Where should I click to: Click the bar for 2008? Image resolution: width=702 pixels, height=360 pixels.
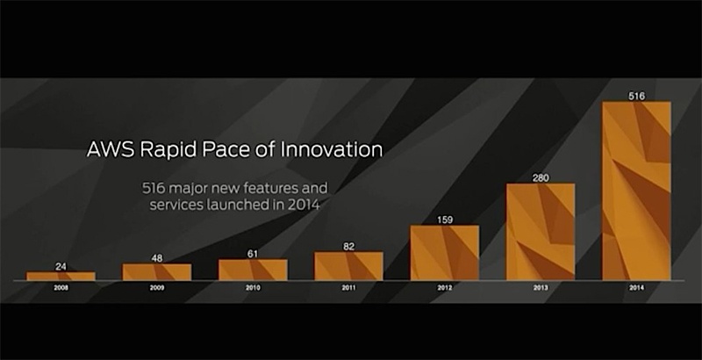point(61,277)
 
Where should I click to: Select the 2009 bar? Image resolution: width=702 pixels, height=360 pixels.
point(157,272)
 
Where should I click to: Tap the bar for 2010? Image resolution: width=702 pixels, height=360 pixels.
point(253,270)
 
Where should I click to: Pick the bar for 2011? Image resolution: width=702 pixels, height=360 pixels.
point(348,266)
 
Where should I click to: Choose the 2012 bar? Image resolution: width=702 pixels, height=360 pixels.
point(445,253)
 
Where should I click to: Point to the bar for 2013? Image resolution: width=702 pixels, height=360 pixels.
point(541,232)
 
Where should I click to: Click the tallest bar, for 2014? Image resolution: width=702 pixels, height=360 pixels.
point(636,191)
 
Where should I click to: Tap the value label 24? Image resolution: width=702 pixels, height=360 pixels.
point(61,266)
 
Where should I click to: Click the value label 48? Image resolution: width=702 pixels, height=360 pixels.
point(157,258)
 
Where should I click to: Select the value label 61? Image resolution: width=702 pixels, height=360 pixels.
point(253,254)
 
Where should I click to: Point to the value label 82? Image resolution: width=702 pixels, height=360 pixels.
point(348,246)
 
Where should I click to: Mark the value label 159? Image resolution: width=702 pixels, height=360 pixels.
point(445,220)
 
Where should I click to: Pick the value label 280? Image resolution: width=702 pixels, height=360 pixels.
point(541,177)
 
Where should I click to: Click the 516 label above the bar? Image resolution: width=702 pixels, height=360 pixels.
point(637,96)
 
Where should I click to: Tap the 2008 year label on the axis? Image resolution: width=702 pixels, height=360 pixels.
point(61,288)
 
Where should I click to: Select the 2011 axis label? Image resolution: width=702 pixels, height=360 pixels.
point(348,288)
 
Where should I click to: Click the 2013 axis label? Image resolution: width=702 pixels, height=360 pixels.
point(541,288)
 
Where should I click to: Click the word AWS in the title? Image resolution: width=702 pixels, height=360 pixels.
point(111,149)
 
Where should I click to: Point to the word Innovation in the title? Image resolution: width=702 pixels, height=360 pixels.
point(332,149)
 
